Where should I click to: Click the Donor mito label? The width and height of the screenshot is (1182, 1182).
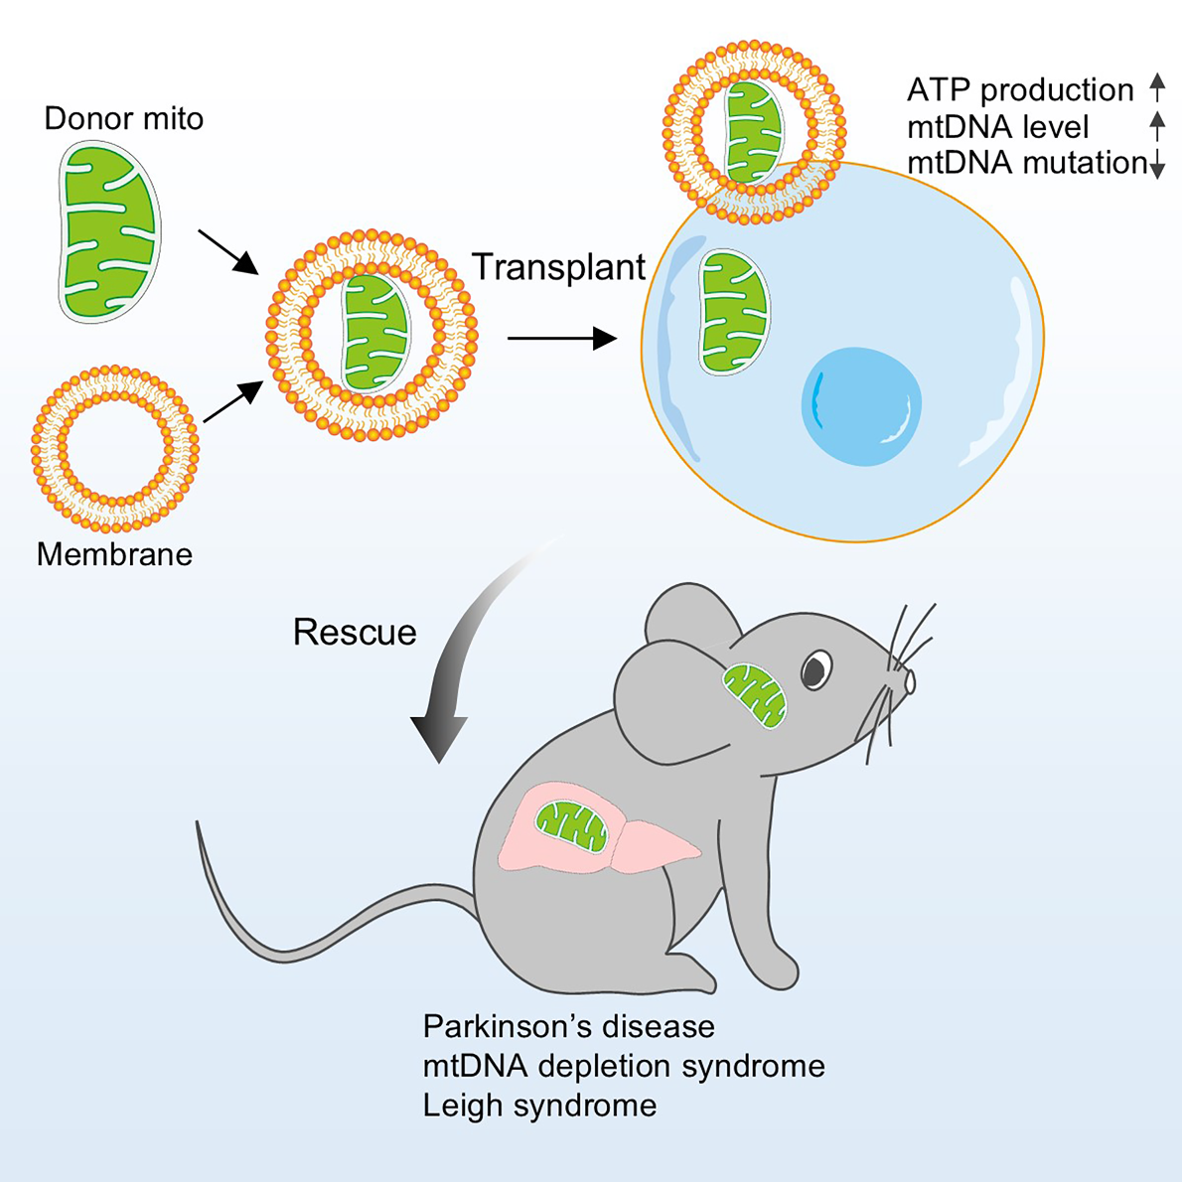[x=123, y=118]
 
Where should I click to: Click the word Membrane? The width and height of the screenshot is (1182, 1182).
[x=114, y=554]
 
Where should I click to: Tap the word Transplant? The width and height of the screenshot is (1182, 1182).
[x=558, y=267]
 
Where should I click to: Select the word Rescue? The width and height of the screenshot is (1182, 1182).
[x=355, y=632]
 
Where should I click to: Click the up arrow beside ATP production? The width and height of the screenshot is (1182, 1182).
[x=1157, y=88]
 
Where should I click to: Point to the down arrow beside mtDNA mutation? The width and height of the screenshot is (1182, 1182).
[x=1158, y=163]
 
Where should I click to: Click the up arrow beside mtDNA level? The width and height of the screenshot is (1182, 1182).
[x=1157, y=126]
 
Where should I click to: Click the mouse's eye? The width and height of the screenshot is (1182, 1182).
[x=816, y=669]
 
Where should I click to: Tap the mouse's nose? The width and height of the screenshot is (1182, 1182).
[x=910, y=681]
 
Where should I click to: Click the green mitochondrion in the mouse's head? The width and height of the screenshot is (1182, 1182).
[x=755, y=695]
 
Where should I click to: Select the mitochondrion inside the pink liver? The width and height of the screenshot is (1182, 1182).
[x=571, y=827]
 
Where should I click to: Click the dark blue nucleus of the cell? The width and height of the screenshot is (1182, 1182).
[x=861, y=406]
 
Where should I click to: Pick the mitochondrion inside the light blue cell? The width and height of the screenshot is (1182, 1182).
[x=733, y=312]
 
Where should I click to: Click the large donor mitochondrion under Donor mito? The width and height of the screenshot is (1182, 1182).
[x=109, y=232]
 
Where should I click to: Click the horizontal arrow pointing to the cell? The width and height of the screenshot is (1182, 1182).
[x=562, y=339]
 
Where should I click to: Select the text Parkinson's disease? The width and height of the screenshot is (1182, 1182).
[x=569, y=1027]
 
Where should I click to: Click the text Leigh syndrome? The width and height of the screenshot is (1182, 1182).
[x=539, y=1106]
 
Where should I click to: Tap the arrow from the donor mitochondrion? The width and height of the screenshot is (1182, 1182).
[x=227, y=251]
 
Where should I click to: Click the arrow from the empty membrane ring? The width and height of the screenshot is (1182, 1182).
[x=233, y=401]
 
